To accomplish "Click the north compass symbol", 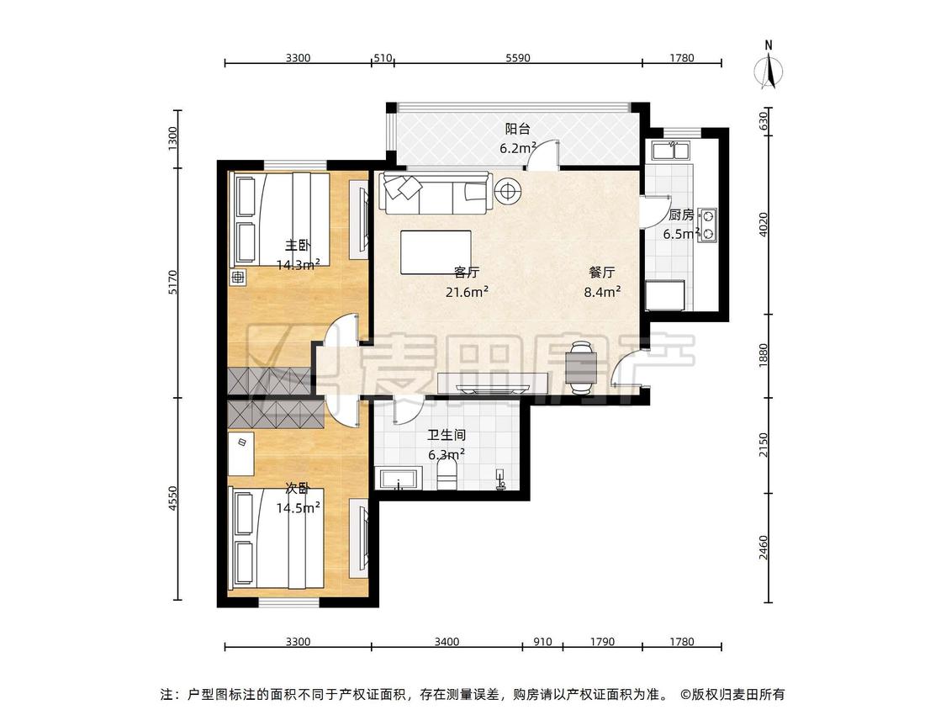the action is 769,67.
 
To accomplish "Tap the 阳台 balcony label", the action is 518,129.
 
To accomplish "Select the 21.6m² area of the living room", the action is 467,292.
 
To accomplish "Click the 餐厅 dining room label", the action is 601,273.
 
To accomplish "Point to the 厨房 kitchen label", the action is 681,215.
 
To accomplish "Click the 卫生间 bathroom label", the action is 447,435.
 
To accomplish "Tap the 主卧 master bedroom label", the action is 298,246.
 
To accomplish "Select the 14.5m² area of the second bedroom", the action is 298,508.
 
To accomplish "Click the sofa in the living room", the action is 435,193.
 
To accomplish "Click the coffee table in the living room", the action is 436,252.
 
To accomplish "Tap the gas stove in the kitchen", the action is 708,225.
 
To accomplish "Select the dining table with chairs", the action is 582,368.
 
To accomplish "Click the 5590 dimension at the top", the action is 518,58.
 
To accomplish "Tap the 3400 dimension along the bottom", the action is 447,641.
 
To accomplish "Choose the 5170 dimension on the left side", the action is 173,282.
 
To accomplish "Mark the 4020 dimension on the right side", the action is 764,224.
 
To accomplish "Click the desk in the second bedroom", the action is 241,453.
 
